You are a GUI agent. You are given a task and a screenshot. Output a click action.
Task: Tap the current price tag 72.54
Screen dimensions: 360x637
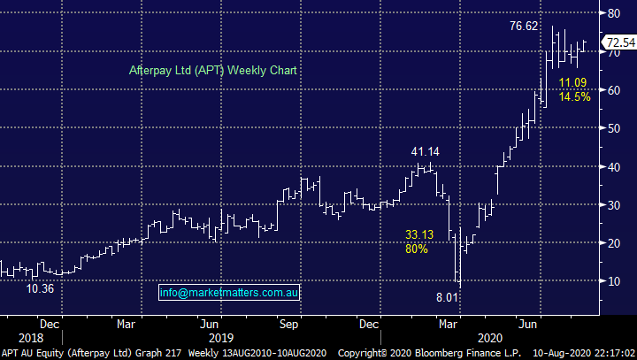click(x=618, y=42)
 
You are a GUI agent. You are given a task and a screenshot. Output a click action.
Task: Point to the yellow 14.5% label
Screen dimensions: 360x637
click(x=575, y=97)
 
